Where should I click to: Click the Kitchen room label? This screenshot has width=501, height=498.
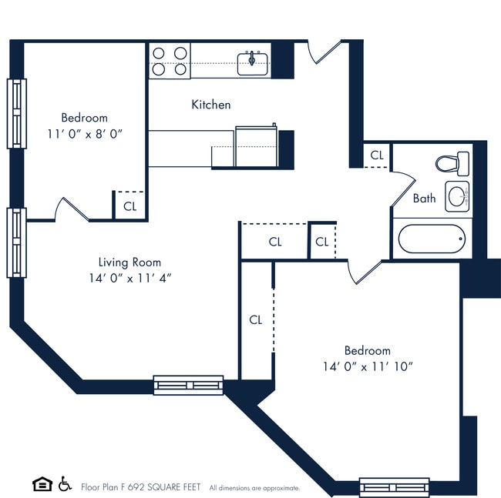pos(210,105)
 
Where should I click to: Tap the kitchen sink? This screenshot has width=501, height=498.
pos(252,62)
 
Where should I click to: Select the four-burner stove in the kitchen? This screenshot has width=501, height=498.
pos(170,61)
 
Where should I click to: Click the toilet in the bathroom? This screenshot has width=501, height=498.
pos(452,163)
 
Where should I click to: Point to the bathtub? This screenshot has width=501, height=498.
pos(432,240)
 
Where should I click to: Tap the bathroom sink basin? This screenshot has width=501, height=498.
pos(457,196)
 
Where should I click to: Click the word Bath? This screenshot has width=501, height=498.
pos(424,199)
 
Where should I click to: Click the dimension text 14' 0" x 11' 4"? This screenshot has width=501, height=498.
pos(129,277)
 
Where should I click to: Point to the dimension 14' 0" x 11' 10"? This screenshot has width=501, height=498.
pos(368,366)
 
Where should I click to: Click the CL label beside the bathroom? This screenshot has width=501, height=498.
pos(376,155)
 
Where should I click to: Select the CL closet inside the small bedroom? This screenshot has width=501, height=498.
pos(129,206)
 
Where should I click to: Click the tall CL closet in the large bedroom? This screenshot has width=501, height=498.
pos(256,320)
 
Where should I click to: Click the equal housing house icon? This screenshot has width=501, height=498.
pos(42,484)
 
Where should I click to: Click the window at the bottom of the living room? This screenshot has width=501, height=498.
pos(188,385)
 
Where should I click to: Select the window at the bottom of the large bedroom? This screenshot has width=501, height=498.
pos(394,487)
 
